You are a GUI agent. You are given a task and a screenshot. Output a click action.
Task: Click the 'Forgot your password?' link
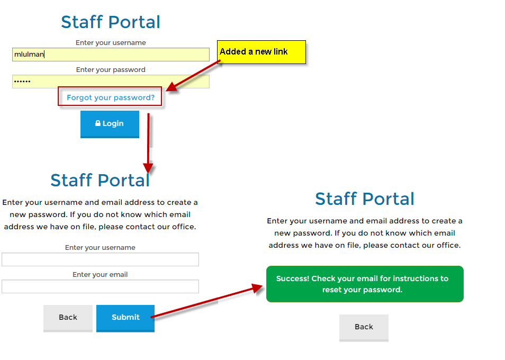111,97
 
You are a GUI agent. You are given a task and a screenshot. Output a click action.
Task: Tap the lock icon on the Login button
98,123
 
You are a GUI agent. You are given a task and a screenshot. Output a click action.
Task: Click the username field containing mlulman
111,55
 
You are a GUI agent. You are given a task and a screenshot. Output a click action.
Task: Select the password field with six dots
111,82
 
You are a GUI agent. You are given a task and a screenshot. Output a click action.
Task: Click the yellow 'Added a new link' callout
261,52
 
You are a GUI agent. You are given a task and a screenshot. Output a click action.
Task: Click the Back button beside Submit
68,318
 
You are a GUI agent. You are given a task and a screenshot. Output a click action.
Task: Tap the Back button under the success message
364,328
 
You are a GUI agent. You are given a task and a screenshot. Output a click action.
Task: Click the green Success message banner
365,284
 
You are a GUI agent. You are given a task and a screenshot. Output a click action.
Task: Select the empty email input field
100,286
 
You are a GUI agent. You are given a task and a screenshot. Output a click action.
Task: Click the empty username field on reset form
100,259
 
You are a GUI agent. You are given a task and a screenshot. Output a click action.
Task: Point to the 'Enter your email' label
100,275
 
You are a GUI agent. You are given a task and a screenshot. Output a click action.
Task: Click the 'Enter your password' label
111,70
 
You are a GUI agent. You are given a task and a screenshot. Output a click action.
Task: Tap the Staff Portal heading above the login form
111,22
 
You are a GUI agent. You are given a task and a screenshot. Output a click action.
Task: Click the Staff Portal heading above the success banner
365,199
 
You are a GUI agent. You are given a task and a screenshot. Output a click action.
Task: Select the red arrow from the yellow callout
193,75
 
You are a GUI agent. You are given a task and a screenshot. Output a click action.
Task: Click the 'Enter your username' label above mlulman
111,43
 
